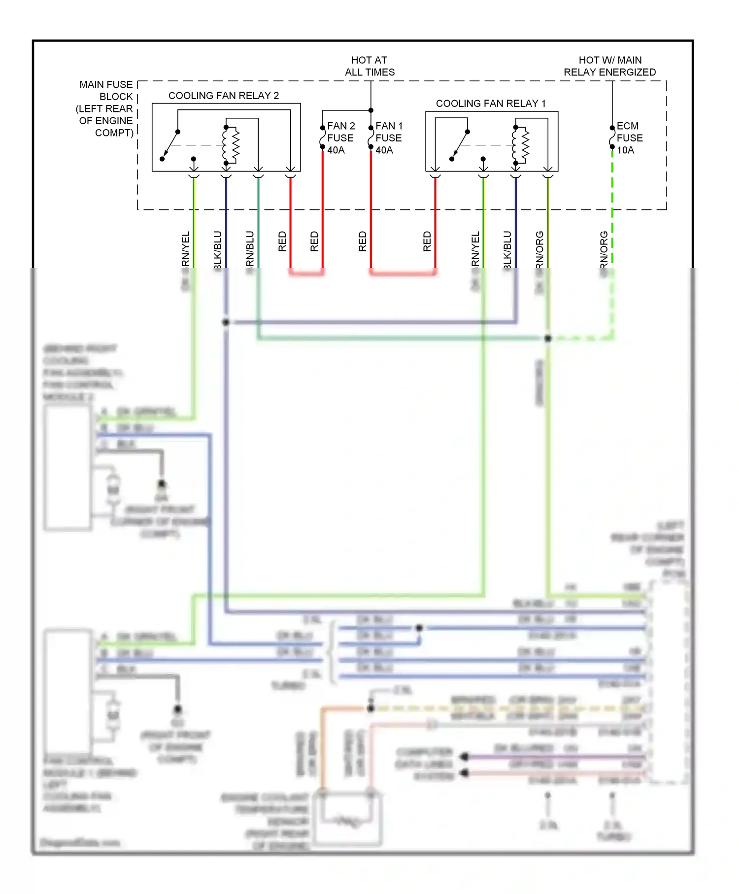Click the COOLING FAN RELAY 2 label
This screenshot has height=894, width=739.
(x=224, y=96)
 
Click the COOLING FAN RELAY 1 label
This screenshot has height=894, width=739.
(x=491, y=103)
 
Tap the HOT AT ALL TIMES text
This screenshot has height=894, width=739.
(x=369, y=66)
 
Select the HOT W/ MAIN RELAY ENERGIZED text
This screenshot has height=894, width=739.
(x=609, y=66)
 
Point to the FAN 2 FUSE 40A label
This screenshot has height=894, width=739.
(x=340, y=138)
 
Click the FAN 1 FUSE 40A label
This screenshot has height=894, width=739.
(x=389, y=138)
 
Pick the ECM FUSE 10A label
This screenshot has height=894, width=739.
(x=629, y=138)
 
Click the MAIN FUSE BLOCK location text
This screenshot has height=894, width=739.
(x=106, y=108)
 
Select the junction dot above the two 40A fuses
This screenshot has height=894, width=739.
(x=371, y=110)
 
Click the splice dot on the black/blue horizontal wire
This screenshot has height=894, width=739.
(x=226, y=322)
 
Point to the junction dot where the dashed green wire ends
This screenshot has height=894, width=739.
(x=548, y=338)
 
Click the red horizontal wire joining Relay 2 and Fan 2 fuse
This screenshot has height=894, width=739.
(x=306, y=273)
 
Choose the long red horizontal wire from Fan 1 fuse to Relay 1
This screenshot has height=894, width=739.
(x=403, y=273)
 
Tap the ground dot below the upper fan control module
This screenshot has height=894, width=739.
(x=162, y=483)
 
